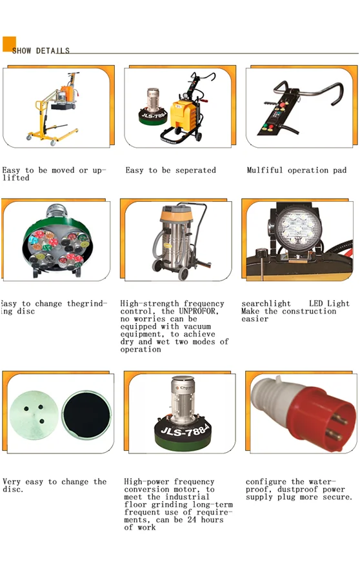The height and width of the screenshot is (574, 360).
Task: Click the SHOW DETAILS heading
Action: (41, 50)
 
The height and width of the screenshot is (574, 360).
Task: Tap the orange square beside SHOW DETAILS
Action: (9, 43)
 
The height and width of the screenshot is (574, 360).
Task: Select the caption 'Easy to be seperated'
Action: (170, 170)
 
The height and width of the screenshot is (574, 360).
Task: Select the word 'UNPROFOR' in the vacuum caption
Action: (194, 312)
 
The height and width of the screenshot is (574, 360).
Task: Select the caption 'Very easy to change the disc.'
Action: (54, 485)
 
